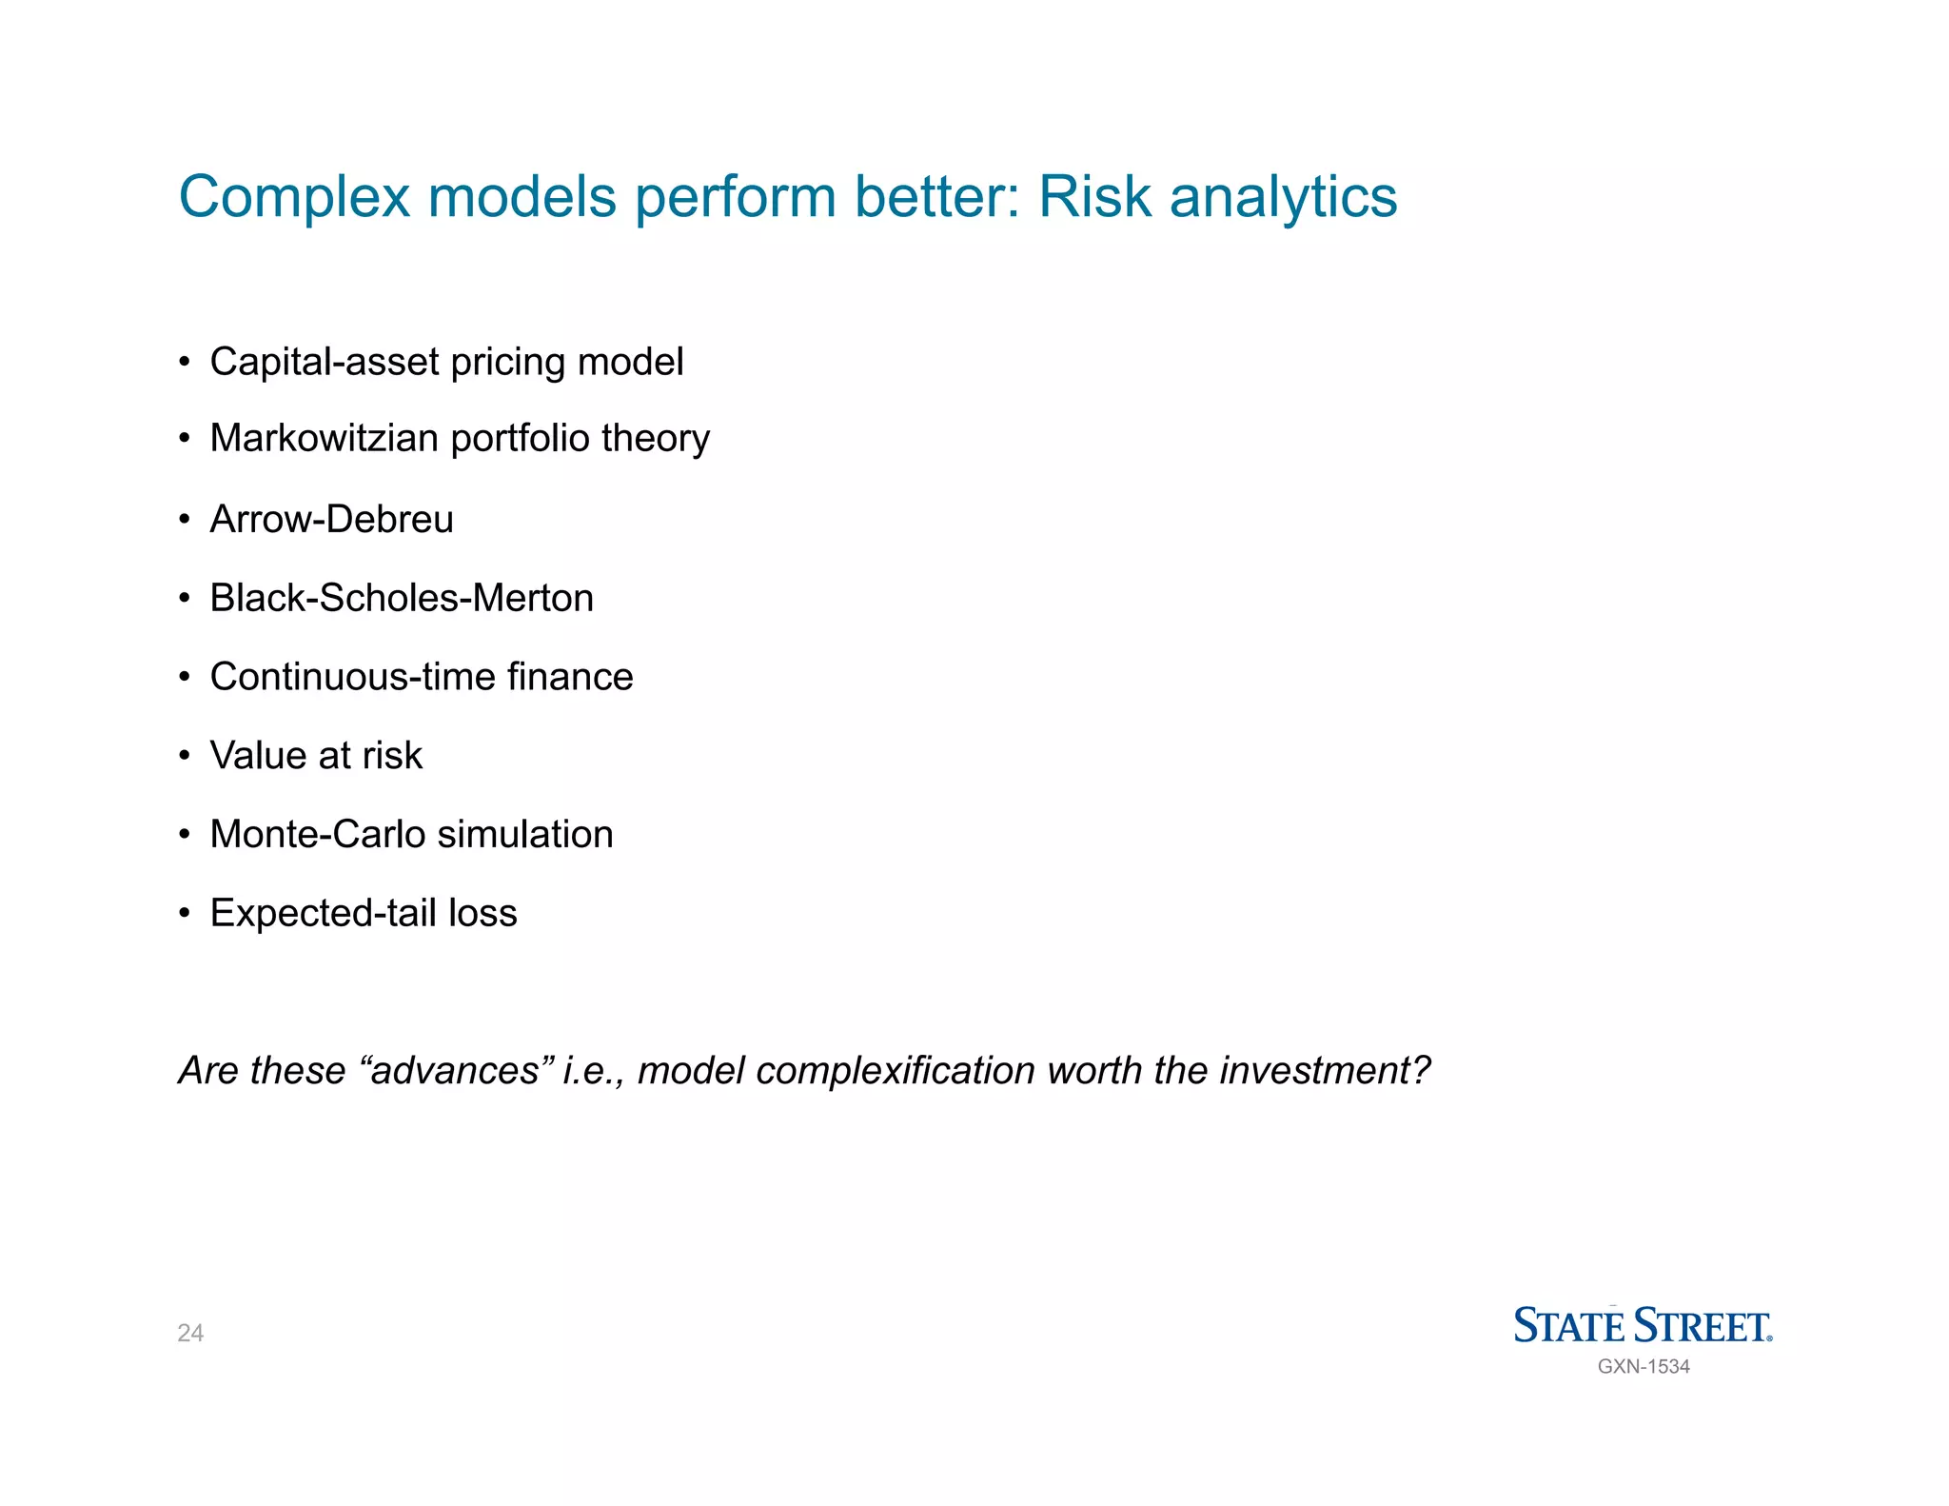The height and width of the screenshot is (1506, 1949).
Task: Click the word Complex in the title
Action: [294, 198]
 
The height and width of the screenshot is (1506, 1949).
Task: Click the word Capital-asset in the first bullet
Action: [324, 363]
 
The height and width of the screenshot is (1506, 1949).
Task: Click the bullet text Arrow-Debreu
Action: [331, 520]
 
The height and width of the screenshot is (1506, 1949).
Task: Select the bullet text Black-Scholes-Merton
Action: [402, 599]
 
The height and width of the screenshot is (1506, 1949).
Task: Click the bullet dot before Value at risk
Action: [185, 757]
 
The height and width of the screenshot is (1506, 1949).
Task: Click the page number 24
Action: [190, 1333]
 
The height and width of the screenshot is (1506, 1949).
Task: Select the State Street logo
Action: [1643, 1325]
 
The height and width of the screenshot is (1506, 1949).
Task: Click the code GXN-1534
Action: [1644, 1367]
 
